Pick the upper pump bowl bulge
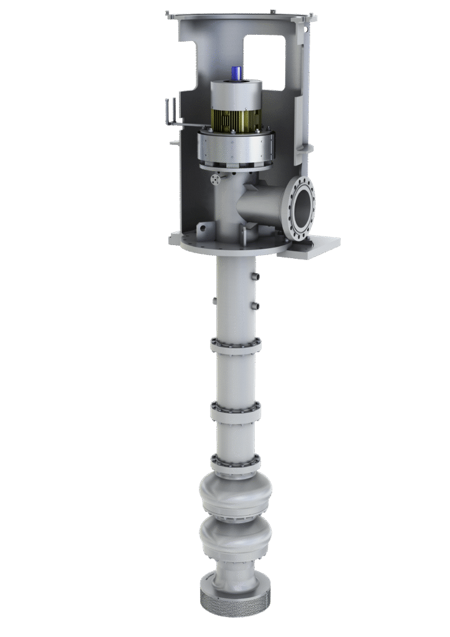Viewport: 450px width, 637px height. click(x=236, y=494)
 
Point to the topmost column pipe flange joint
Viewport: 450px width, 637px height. click(x=236, y=345)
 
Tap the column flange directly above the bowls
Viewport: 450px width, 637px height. click(x=236, y=462)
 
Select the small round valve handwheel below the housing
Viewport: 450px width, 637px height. click(x=216, y=179)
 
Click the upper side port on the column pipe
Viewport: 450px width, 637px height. click(x=254, y=276)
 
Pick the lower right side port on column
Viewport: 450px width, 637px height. click(x=255, y=305)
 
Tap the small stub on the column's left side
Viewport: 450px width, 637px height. click(x=214, y=300)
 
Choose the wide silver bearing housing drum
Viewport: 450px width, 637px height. click(x=236, y=147)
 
